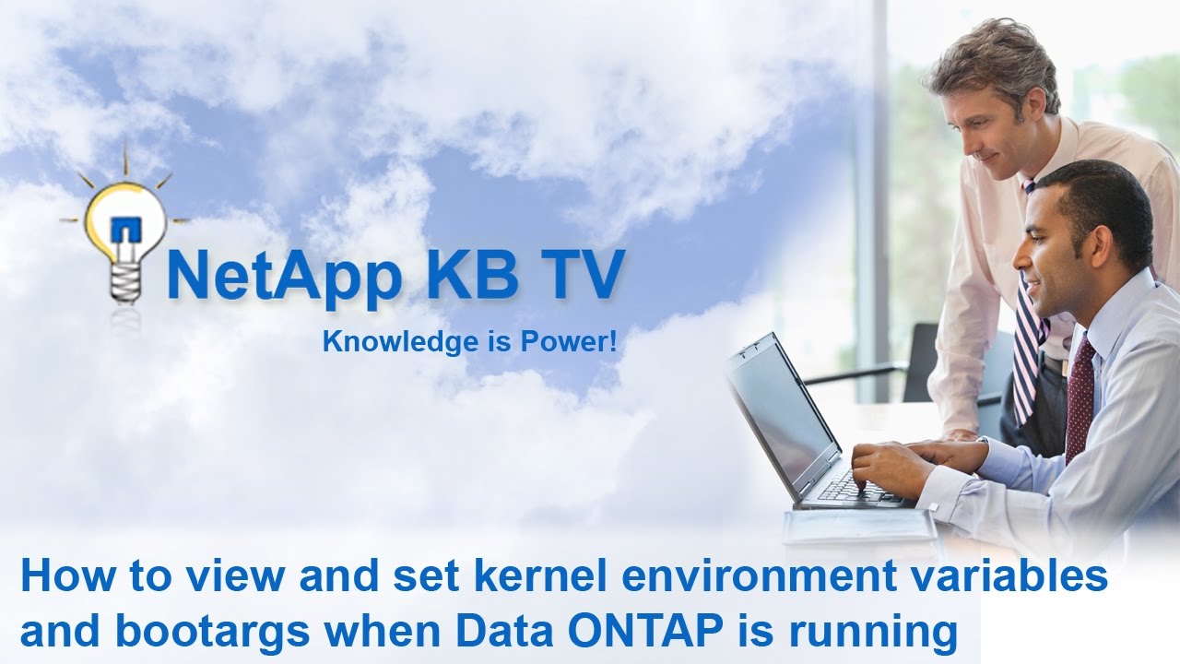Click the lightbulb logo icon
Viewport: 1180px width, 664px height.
(x=124, y=231)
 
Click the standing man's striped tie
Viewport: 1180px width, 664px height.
(x=1027, y=341)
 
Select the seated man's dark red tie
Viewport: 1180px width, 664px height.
(x=1080, y=397)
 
